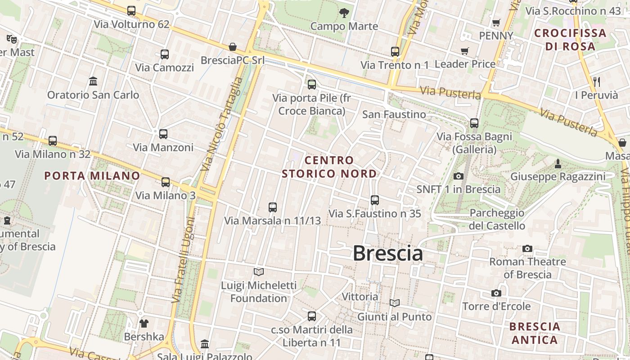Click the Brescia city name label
coord(387,253)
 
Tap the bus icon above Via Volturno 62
coord(131,11)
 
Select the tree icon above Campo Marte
coord(344,13)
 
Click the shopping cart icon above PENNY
coord(496,22)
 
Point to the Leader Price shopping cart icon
coord(465,51)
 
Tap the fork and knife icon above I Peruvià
coord(597,82)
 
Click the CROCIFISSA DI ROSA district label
coord(570,40)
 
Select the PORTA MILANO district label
coord(92,175)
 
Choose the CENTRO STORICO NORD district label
coord(329,167)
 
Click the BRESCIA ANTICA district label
coord(535,333)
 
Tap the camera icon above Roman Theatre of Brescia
coord(527,248)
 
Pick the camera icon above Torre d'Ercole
coord(496,293)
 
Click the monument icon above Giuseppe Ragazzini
coord(558,164)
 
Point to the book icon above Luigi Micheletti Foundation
coord(259,272)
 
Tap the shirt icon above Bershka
coord(144,323)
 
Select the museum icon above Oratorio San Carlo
coord(93,81)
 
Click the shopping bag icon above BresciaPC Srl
coord(233,47)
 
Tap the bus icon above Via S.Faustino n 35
coord(375,200)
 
